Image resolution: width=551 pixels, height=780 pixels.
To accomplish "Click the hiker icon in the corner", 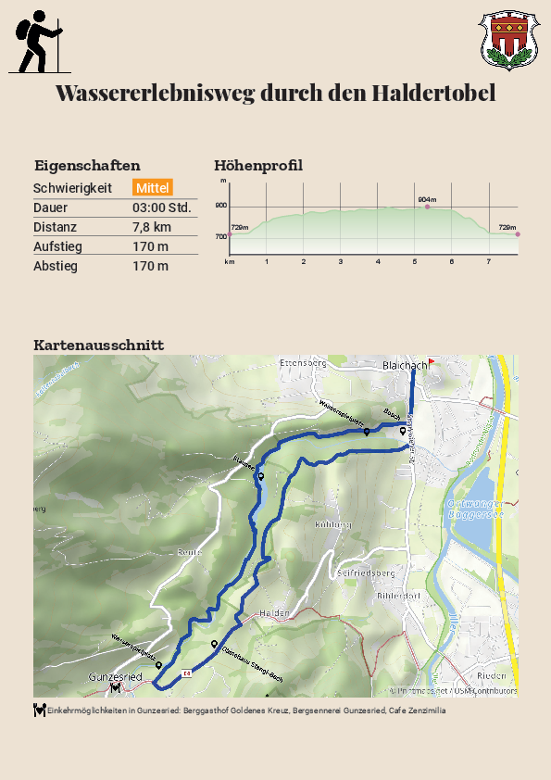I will pyautogui.click(x=36, y=42).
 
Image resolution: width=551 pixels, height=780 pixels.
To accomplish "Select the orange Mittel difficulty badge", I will pyautogui.click(x=153, y=188).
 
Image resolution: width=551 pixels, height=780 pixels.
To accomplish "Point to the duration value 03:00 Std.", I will pyautogui.click(x=162, y=208).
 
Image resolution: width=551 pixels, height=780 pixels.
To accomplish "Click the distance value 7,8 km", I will pyautogui.click(x=152, y=227).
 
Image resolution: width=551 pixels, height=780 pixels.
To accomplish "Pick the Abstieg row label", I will pyautogui.click(x=56, y=266).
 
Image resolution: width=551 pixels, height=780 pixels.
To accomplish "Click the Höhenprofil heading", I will pyautogui.click(x=258, y=166).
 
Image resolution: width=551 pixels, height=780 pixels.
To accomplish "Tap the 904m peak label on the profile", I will pyautogui.click(x=427, y=199).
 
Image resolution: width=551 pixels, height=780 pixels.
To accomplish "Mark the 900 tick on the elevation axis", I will pyautogui.click(x=221, y=206).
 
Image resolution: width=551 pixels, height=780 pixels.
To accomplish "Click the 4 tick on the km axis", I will pyautogui.click(x=378, y=262).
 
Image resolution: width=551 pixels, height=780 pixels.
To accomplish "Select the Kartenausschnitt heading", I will pyautogui.click(x=99, y=345).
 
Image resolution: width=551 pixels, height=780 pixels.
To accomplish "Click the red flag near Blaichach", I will pyautogui.click(x=431, y=363).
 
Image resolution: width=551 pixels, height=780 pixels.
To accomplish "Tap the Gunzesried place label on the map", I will pyautogui.click(x=115, y=677).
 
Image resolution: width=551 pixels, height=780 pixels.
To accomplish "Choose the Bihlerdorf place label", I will pyautogui.click(x=399, y=596).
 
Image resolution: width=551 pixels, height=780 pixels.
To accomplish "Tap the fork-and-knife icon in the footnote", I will pyautogui.click(x=39, y=711).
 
